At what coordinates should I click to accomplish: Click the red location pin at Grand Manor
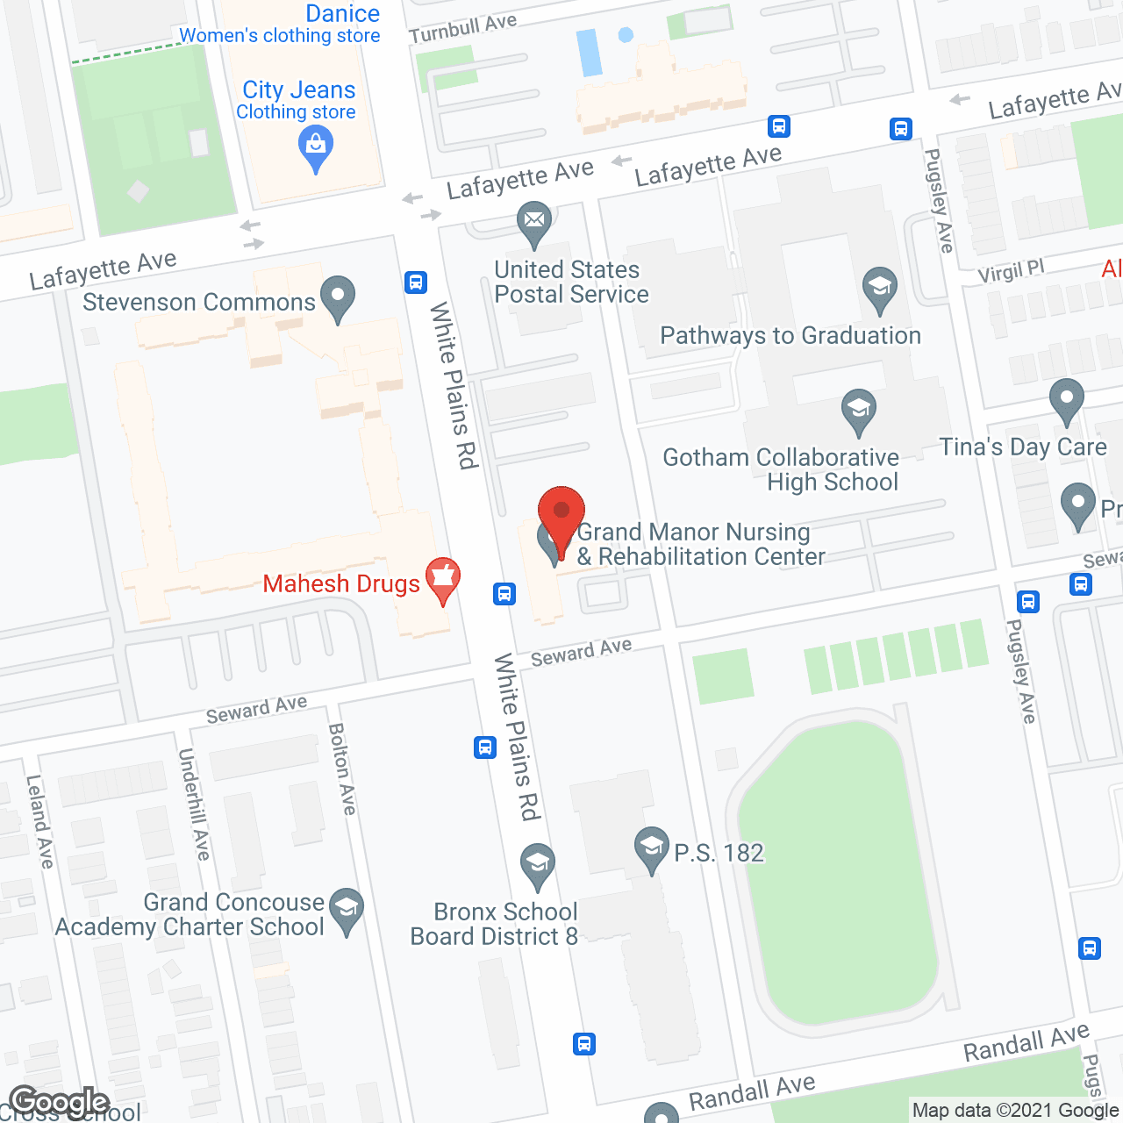click(x=561, y=513)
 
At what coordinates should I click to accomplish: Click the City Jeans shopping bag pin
click(x=316, y=147)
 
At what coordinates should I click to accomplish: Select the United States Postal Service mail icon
click(x=534, y=222)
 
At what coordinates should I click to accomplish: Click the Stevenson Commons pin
click(x=338, y=297)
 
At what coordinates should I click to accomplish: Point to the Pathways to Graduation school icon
click(x=879, y=288)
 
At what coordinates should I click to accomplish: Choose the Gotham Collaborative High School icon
click(x=859, y=410)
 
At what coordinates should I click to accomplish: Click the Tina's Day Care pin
click(x=1066, y=399)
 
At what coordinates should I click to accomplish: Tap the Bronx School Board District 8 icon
click(x=537, y=863)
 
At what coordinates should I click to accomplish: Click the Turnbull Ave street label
click(x=462, y=28)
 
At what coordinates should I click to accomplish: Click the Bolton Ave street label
click(x=341, y=769)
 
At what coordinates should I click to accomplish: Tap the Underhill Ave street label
click(x=194, y=804)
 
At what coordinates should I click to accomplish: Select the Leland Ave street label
click(x=39, y=821)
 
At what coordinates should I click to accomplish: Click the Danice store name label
click(x=342, y=13)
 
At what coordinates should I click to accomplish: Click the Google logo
click(x=59, y=1102)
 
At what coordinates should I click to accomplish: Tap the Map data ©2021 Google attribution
click(x=1015, y=1111)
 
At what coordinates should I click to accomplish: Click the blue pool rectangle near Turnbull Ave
click(x=589, y=53)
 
